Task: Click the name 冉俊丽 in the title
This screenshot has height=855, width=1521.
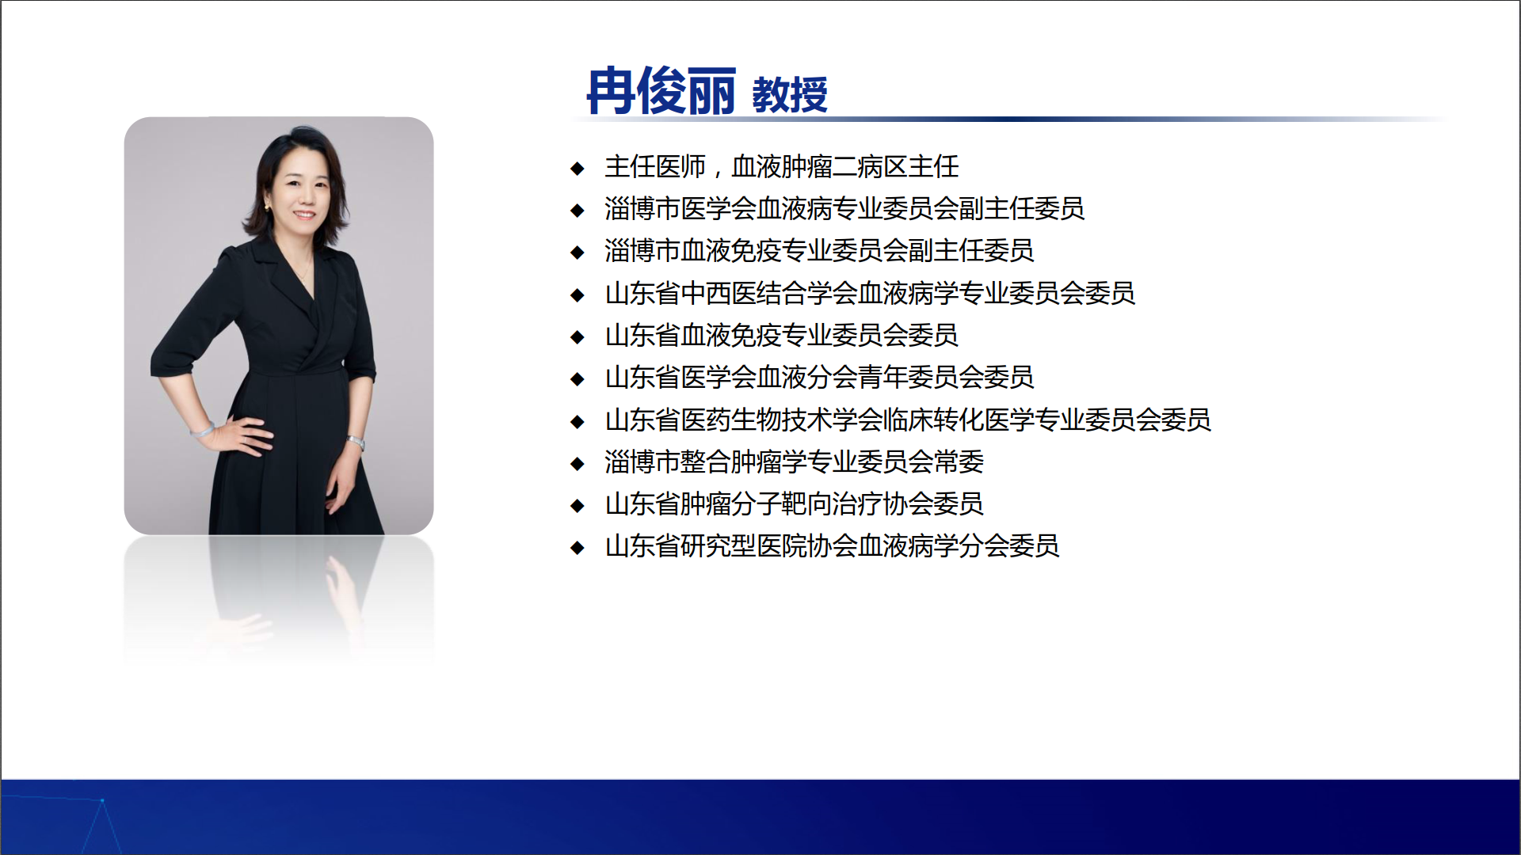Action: click(661, 91)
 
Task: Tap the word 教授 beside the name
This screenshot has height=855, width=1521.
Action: click(789, 95)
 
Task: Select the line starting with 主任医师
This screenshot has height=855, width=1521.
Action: click(782, 166)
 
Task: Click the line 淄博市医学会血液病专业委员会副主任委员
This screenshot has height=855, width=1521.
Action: click(844, 208)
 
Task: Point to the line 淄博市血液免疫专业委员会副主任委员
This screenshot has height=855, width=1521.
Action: click(819, 250)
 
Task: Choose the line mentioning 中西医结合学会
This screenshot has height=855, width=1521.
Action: click(870, 293)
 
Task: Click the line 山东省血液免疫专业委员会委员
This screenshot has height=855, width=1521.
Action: click(781, 335)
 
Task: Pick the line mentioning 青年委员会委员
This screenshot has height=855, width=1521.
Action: click(819, 377)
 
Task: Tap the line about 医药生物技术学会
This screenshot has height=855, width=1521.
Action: click(908, 420)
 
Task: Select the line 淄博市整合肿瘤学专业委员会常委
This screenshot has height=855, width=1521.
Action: click(794, 462)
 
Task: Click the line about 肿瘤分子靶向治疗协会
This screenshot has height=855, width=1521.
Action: click(794, 503)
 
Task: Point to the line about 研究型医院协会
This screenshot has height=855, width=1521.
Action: click(832, 545)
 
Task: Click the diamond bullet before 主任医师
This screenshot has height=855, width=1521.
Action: click(578, 168)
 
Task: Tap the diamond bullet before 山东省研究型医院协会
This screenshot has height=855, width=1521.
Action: click(578, 547)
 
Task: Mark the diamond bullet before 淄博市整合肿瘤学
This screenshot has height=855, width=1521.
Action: click(578, 463)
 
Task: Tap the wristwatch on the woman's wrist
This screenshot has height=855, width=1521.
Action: click(356, 441)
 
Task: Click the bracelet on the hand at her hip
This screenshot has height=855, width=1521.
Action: click(203, 431)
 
